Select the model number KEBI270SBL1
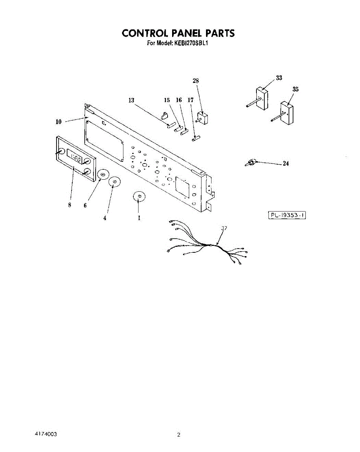pyautogui.click(x=191, y=43)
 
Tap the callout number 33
pyautogui.click(x=279, y=78)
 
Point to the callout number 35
pyautogui.click(x=296, y=89)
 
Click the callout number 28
pyautogui.click(x=196, y=81)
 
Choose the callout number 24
pyautogui.click(x=286, y=164)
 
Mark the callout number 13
pyautogui.click(x=131, y=100)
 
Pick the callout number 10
pyautogui.click(x=59, y=122)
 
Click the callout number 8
pyautogui.click(x=70, y=205)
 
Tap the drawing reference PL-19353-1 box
pyautogui.click(x=287, y=215)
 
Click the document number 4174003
pyautogui.click(x=46, y=434)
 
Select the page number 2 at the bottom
pyautogui.click(x=179, y=435)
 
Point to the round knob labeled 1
pyautogui.click(x=139, y=197)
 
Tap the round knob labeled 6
pyautogui.click(x=103, y=174)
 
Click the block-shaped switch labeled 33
pyautogui.click(x=261, y=99)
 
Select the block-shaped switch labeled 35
pyautogui.click(x=287, y=113)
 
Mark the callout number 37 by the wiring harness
pyautogui.click(x=224, y=228)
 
